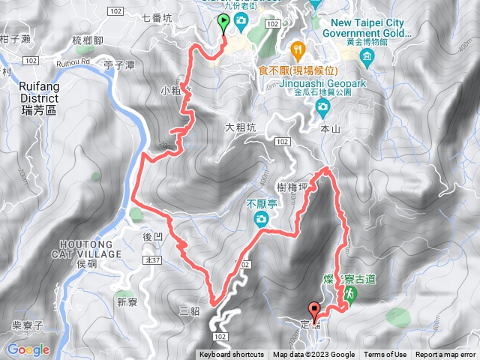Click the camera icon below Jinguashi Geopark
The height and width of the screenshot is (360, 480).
tap(322, 106)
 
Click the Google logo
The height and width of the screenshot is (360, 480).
tap(28, 349)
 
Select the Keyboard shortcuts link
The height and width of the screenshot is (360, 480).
tap(232, 355)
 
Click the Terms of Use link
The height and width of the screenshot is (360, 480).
tap(385, 355)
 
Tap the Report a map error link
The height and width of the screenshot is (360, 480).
tap(445, 355)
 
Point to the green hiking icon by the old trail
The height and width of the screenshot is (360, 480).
tap(347, 298)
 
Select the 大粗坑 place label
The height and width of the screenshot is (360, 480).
tap(240, 127)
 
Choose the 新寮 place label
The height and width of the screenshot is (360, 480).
tap(126, 302)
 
